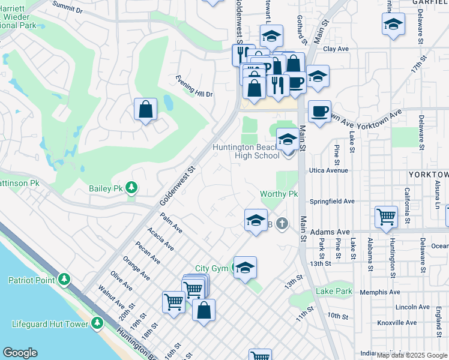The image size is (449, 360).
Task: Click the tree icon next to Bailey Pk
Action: click(x=130, y=188)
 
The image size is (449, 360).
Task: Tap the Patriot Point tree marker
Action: click(x=64, y=280)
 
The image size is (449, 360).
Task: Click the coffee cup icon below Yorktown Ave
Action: click(x=319, y=111)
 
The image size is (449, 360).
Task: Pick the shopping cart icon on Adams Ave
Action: click(x=386, y=217)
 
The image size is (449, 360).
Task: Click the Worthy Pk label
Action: click(x=279, y=194)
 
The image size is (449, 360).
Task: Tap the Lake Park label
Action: click(x=336, y=292)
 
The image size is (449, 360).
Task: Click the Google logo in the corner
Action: click(x=20, y=353)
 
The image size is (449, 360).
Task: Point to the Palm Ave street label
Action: click(x=172, y=222)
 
